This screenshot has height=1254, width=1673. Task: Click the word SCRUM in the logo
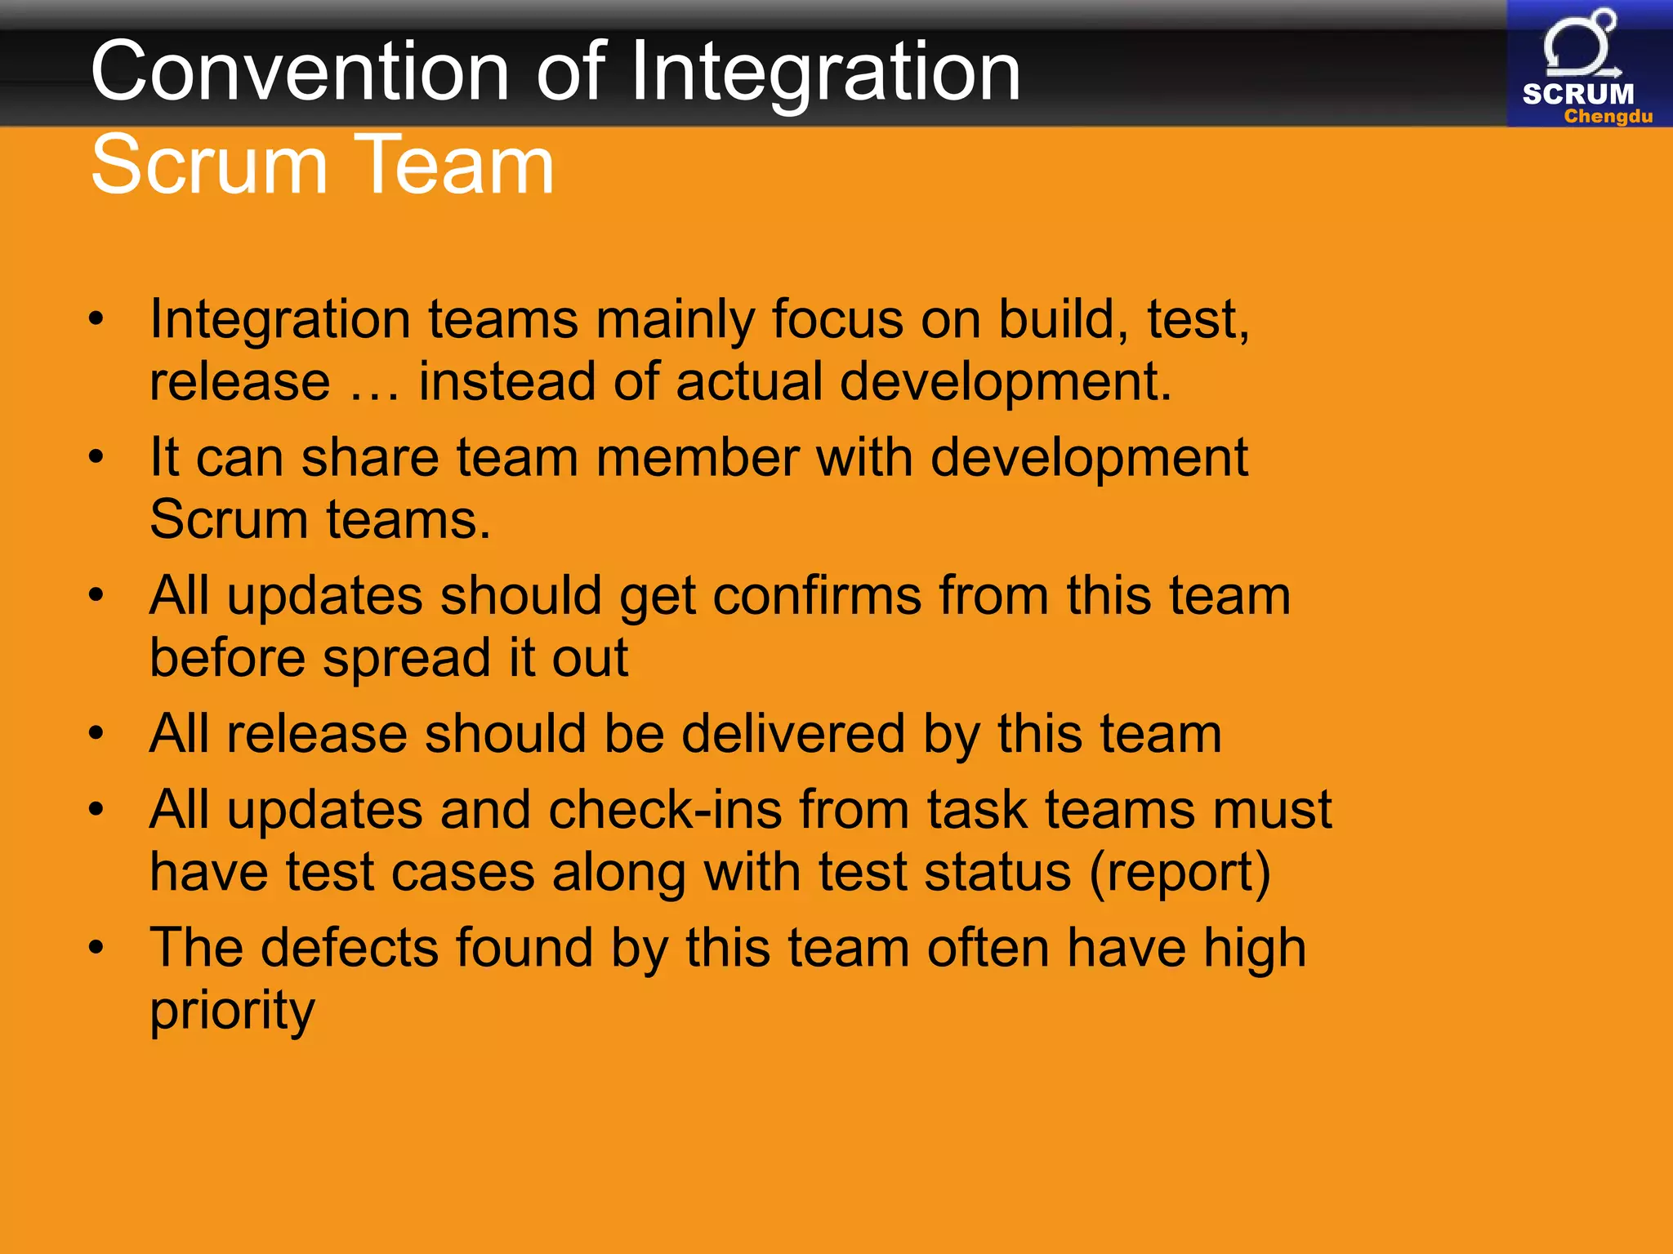click(1578, 94)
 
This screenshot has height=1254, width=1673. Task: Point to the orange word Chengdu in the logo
click(1608, 117)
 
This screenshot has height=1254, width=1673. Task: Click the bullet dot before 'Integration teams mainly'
click(96, 319)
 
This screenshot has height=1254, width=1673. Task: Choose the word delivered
click(793, 733)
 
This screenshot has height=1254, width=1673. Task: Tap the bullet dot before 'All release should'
click(96, 733)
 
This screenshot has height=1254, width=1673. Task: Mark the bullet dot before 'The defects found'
click(96, 948)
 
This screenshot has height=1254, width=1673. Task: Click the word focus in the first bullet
click(837, 318)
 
